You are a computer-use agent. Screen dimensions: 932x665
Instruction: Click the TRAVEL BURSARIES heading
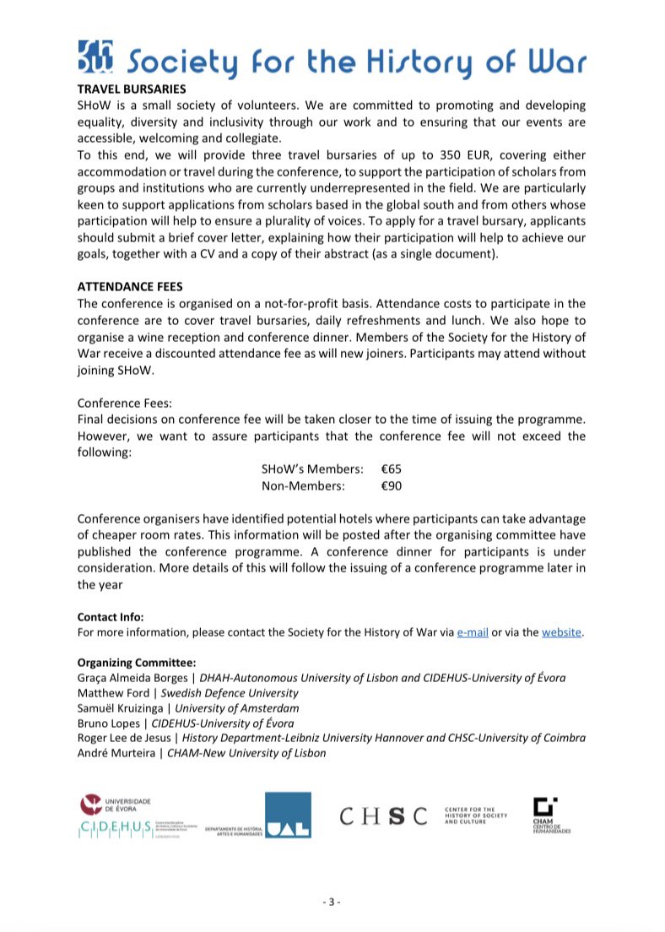131,88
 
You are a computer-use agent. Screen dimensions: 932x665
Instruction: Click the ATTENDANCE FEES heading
130,286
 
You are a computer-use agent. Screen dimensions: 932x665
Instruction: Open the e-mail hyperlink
473,632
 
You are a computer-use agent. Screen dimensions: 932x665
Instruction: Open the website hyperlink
561,632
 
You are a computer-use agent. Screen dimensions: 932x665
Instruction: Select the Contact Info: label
111,616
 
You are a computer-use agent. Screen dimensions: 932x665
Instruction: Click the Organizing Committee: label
137,662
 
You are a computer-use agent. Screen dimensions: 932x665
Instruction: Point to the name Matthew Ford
112,692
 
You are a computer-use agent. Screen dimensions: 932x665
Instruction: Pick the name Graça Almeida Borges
132,677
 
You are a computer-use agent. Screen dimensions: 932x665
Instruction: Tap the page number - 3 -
332,902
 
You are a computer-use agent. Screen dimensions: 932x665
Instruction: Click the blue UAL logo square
288,815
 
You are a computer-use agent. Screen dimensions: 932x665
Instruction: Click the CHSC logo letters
383,815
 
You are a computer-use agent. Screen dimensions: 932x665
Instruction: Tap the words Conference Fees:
124,404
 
